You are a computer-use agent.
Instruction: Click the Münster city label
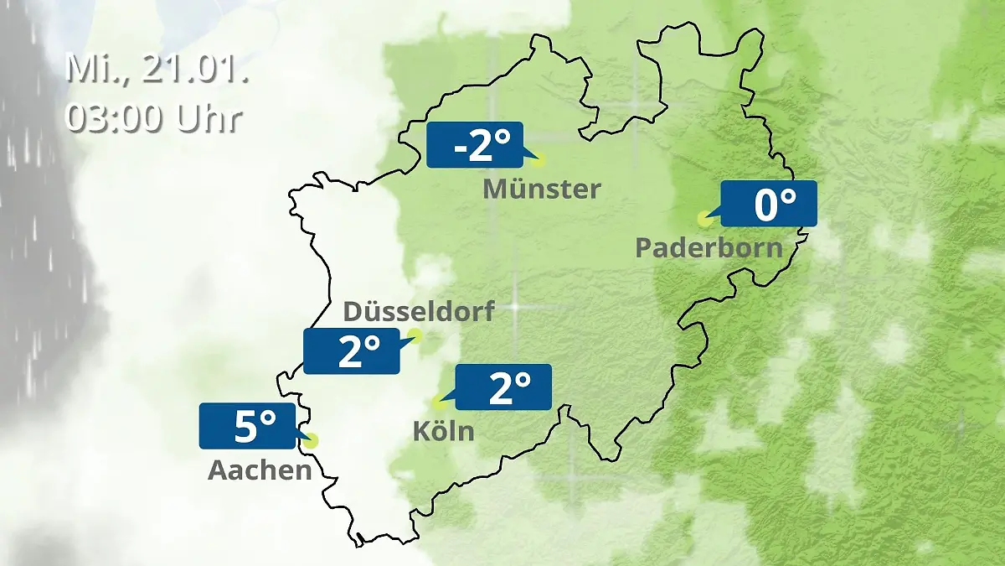pyautogui.click(x=542, y=190)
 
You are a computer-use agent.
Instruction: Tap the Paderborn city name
pyautogui.click(x=709, y=248)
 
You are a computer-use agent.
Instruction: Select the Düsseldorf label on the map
pyautogui.click(x=419, y=311)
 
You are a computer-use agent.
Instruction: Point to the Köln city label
pyautogui.click(x=443, y=432)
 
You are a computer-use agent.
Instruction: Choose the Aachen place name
pyautogui.click(x=260, y=470)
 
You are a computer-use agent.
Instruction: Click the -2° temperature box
pyautogui.click(x=474, y=145)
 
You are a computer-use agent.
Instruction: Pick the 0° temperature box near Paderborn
pyautogui.click(x=768, y=204)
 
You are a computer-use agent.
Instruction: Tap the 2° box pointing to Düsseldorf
pyautogui.click(x=352, y=351)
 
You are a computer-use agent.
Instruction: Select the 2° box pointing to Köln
pyautogui.click(x=503, y=387)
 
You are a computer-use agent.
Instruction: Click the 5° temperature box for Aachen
pyautogui.click(x=248, y=426)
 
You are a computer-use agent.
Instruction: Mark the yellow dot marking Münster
pyautogui.click(x=539, y=159)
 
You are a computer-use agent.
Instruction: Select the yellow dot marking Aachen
pyautogui.click(x=312, y=439)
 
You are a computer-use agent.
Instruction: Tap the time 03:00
pyautogui.click(x=116, y=117)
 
